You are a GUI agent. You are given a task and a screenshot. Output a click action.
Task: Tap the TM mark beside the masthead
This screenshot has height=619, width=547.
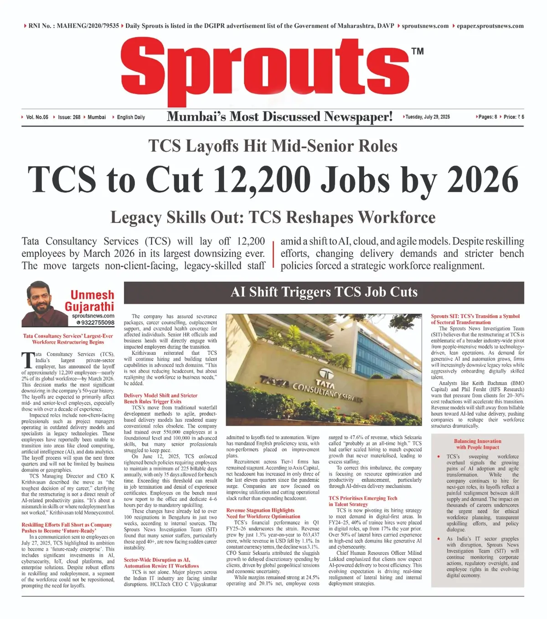pyautogui.click(x=417, y=51)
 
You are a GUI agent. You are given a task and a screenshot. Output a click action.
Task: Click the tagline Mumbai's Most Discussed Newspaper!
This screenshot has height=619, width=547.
pyautogui.click(x=279, y=117)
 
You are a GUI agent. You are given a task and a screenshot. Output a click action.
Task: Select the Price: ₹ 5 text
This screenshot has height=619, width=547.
pyautogui.click(x=514, y=117)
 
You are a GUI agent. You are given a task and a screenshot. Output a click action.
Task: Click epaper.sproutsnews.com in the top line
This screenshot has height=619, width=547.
pyautogui.click(x=490, y=26)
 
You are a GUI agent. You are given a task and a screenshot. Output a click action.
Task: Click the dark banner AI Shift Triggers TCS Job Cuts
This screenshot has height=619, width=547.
pyautogui.click(x=324, y=292)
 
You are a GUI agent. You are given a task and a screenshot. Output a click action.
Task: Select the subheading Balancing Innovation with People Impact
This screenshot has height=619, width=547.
pyautogui.click(x=477, y=444)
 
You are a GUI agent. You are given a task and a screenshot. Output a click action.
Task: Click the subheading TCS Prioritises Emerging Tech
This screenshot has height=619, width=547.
pyautogui.click(x=363, y=498)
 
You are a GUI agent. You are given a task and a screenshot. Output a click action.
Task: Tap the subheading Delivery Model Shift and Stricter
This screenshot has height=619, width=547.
pyautogui.click(x=160, y=395)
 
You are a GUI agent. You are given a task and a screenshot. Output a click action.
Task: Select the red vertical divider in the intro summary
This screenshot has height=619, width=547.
pyautogui.click(x=273, y=254)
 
